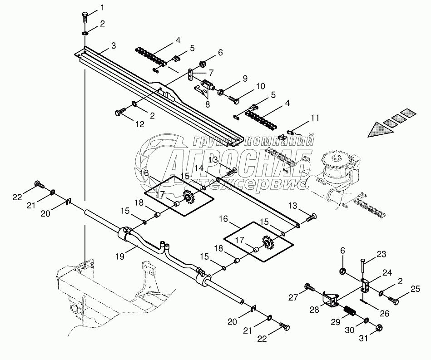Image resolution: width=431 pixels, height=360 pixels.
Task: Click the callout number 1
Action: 102,7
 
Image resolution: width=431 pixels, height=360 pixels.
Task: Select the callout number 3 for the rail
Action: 113,46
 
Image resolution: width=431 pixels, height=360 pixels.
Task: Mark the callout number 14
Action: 199,168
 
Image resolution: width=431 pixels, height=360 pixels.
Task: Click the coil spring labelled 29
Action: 349,312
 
